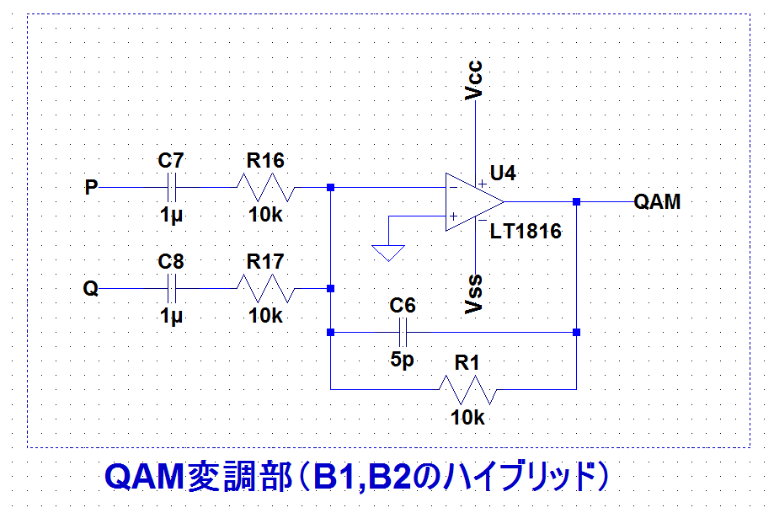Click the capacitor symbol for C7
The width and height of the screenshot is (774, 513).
coord(171,187)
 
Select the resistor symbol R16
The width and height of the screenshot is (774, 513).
coord(265,187)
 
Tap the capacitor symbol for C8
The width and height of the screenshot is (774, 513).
coord(171,288)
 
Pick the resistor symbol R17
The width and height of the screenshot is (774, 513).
coord(265,288)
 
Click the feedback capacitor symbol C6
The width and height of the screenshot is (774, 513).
coord(403,332)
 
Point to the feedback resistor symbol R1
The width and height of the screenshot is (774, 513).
coord(468,389)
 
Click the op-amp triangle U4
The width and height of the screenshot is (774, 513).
coord(474,201)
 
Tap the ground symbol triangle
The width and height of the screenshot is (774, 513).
coord(388,253)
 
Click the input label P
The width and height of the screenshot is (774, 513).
coord(91,187)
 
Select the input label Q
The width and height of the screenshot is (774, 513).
coord(91,288)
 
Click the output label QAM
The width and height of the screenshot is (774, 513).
coord(657,201)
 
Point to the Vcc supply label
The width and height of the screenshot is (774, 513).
coord(474,80)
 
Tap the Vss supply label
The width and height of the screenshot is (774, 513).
coord(474,294)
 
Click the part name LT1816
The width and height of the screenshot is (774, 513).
coord(526,231)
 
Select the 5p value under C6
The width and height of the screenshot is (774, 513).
coord(402,360)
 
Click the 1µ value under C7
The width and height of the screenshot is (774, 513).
coord(171,216)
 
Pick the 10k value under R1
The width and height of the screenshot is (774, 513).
coord(468,418)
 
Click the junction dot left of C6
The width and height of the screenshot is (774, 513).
coord(331,332)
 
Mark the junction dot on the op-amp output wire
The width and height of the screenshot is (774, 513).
coord(577,201)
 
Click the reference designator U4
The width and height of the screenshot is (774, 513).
coord(503,174)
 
